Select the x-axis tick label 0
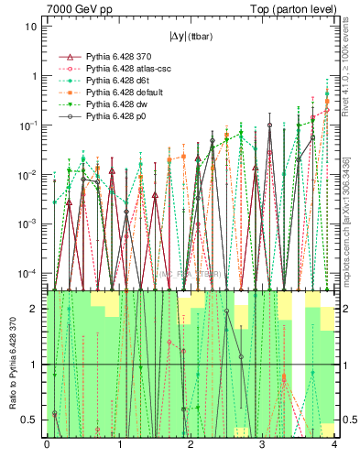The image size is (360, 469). tap(47, 445)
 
